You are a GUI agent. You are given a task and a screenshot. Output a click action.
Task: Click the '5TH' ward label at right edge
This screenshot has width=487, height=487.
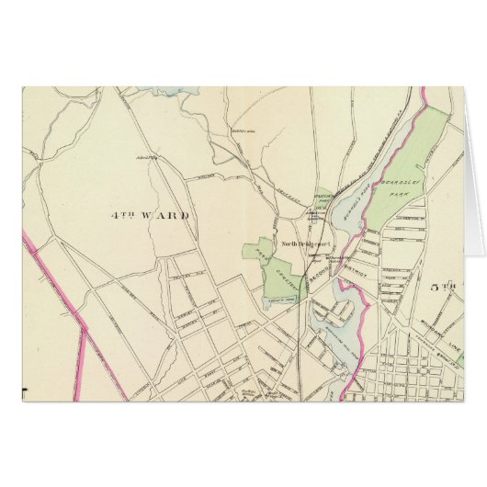[445, 287]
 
